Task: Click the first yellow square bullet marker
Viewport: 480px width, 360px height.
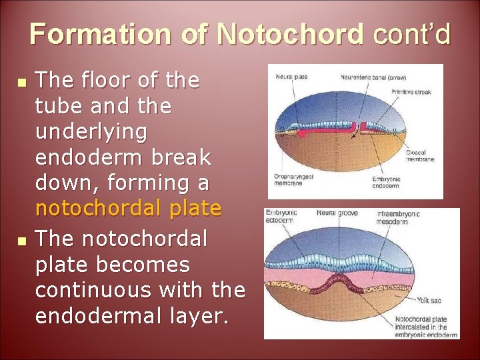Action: point(22,85)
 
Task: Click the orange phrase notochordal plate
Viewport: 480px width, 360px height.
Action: point(128,209)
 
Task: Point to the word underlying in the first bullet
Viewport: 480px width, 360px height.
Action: point(91,132)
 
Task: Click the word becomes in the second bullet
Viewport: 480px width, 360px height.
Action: point(144,265)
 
